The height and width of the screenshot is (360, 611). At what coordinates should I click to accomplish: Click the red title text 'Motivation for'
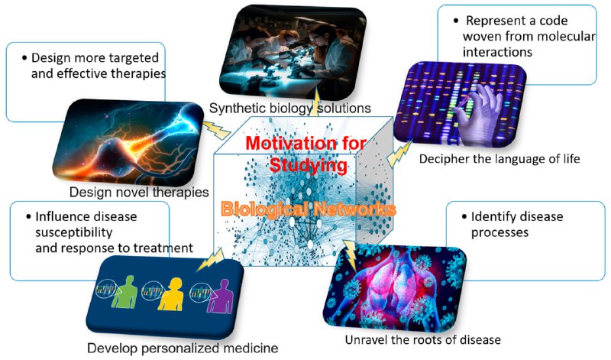306,144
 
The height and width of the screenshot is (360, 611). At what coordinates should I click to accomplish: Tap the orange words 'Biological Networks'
309,209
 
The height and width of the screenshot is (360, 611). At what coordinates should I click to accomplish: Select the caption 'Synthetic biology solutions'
290,108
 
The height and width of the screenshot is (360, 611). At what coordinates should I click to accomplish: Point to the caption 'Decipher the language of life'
499,159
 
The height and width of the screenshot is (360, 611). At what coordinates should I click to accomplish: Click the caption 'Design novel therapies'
139,192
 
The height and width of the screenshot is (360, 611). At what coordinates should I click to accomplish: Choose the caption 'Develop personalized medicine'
183,348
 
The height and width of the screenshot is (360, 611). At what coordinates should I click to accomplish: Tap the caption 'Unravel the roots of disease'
423,339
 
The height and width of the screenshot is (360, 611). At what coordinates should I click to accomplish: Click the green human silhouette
124,292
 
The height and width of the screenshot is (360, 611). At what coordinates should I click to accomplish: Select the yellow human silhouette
170,294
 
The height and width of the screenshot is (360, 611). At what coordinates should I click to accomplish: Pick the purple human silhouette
220,296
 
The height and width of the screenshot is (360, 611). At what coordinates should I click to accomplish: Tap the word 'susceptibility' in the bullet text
74,232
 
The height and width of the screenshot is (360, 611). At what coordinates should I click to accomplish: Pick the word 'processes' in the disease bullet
499,232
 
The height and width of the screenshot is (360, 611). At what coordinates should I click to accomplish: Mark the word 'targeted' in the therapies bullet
134,58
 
